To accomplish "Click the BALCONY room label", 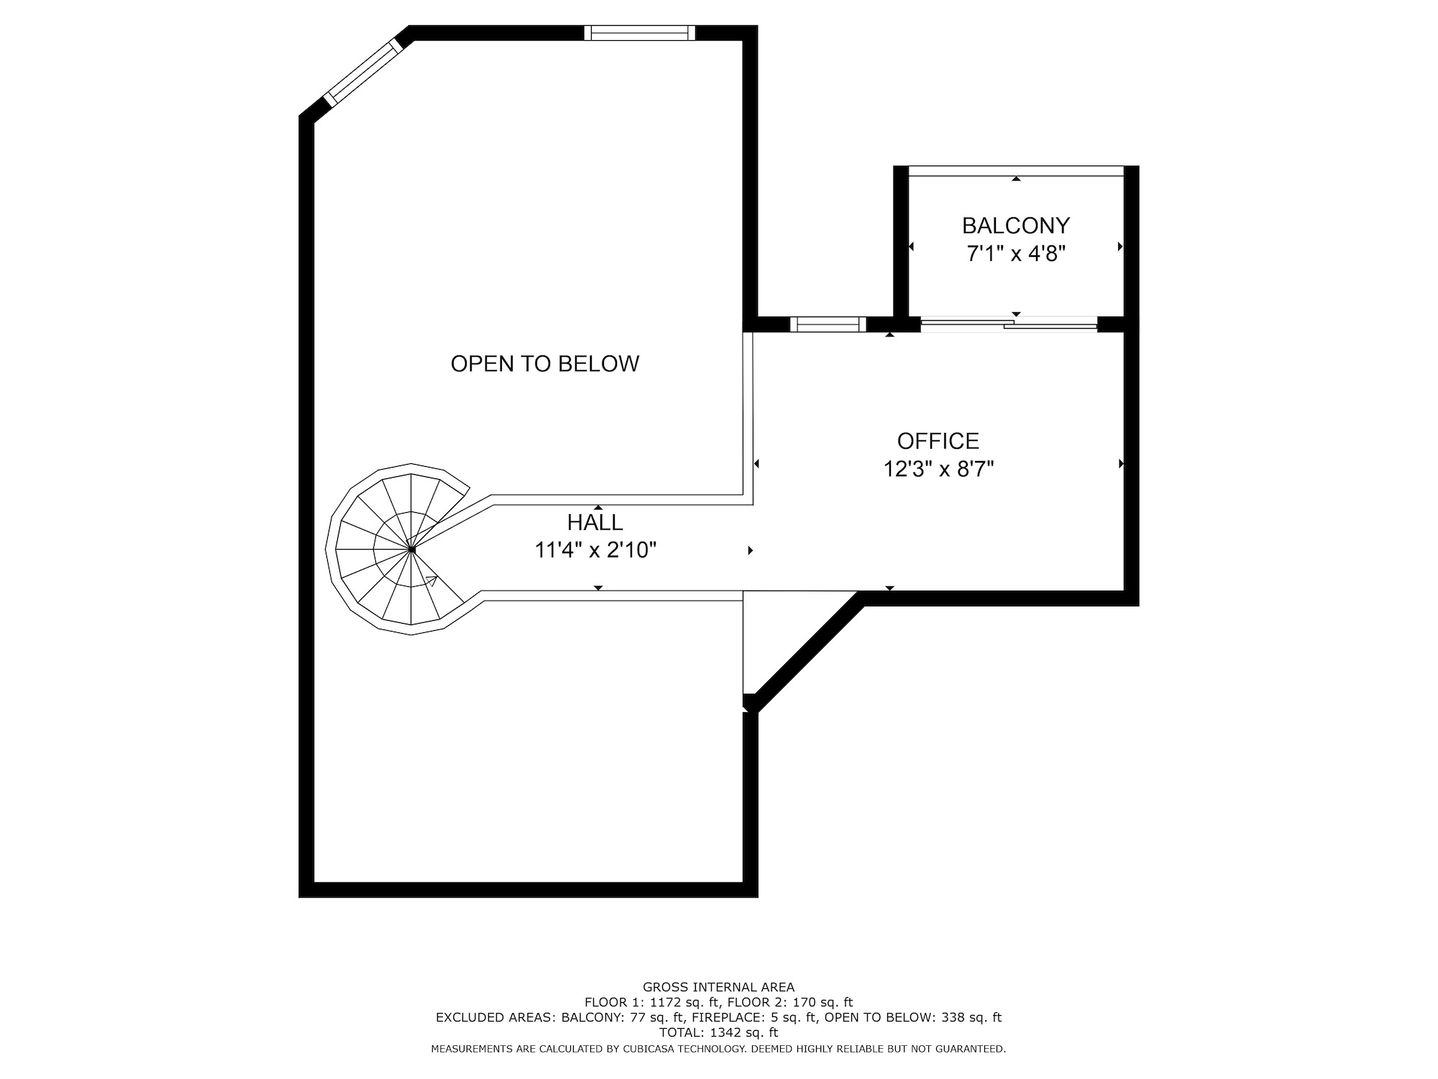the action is coord(1016,226).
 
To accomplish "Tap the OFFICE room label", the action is coord(938,441).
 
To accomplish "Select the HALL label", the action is coord(595,522).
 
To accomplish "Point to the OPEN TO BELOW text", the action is coord(545,364).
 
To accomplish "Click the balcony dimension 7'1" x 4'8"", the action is coord(1016,254).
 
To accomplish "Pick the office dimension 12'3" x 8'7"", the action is coord(938,469).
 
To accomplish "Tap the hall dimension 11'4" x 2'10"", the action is coord(595,550).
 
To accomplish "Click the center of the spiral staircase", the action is coord(411,550).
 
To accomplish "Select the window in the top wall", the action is coord(640,32).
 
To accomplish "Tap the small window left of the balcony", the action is coord(828,324).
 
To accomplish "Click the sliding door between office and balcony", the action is coord(1009,324).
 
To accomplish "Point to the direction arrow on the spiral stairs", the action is coord(431,581).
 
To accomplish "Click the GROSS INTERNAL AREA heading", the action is coord(718,987).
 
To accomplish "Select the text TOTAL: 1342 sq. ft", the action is coord(718,1032).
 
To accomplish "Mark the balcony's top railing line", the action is coord(1016,170).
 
